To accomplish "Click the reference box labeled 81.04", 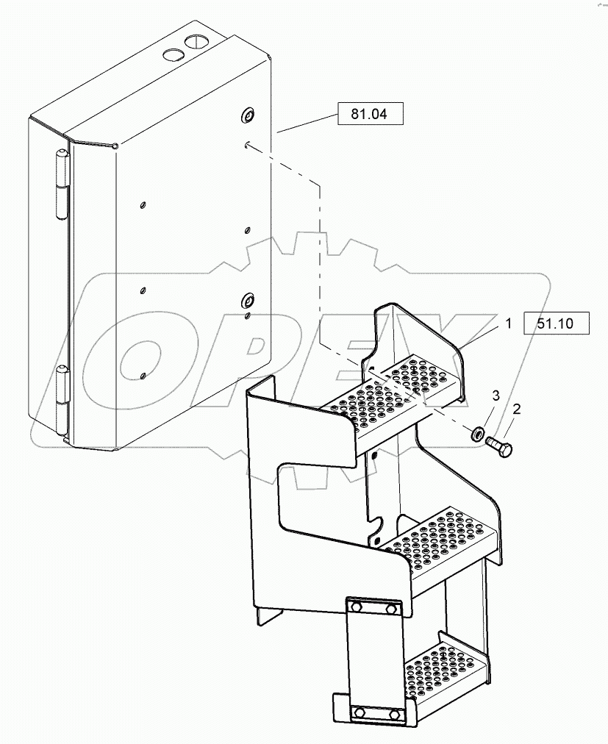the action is click(371, 114).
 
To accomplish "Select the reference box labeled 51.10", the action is click(556, 323).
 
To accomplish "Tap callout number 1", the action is click(508, 323).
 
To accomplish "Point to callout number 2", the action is click(516, 408).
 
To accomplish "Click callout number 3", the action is click(496, 396).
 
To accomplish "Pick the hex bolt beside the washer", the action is click(498, 446).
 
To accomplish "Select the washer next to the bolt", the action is click(476, 433).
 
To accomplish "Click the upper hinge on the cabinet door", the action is click(61, 184).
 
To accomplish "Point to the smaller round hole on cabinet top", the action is click(173, 55).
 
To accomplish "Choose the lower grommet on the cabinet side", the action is click(247, 299).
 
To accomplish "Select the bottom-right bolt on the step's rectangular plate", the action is click(393, 713).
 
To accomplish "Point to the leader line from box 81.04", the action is click(307, 123).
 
